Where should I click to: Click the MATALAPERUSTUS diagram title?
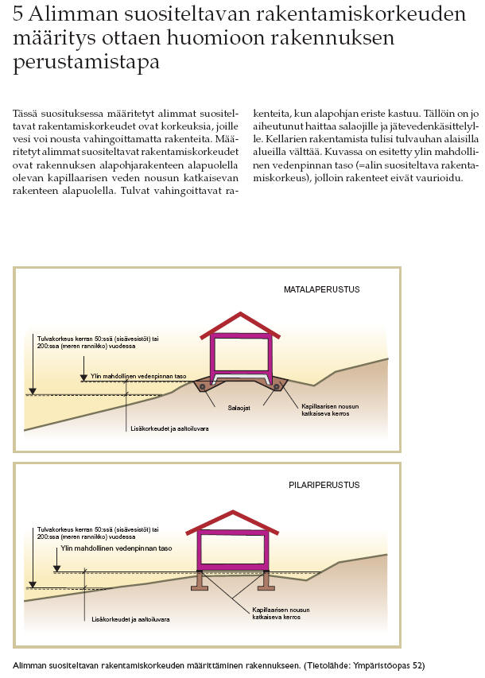tap(321, 289)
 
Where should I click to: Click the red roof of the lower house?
tap(231, 523)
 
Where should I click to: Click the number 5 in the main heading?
tap(19, 14)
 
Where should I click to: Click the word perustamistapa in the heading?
tap(87, 61)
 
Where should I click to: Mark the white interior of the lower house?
tap(231, 549)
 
